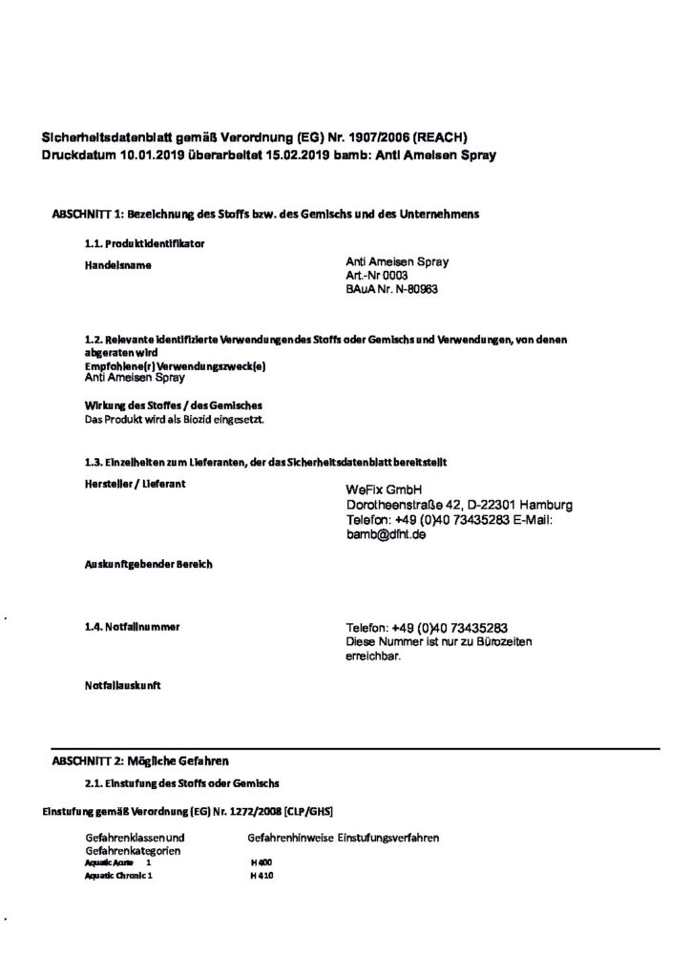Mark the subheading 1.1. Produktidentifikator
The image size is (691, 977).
[144, 244]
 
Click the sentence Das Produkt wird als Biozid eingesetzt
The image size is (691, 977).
[175, 420]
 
